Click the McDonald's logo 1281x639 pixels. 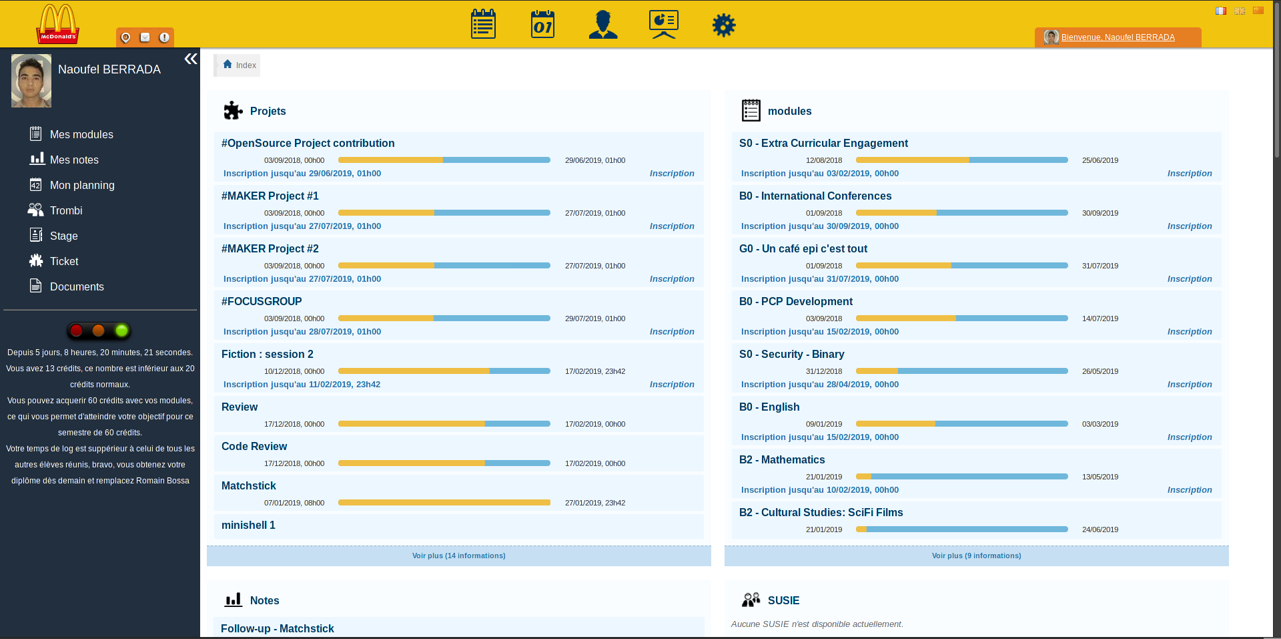pyautogui.click(x=58, y=25)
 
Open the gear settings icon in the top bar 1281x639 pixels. pyautogui.click(x=723, y=25)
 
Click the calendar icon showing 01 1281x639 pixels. pyautogui.click(x=542, y=25)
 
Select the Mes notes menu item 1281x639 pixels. pyautogui.click(x=74, y=160)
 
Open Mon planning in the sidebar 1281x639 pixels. pyautogui.click(x=82, y=186)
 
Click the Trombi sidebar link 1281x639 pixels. pyautogui.click(x=66, y=211)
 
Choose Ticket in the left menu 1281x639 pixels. pyautogui.click(x=64, y=262)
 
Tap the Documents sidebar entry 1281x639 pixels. pyautogui.click(x=77, y=287)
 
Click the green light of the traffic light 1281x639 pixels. pyautogui.click(x=121, y=331)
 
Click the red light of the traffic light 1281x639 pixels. pyautogui.click(x=77, y=331)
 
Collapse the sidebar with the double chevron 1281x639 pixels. pyautogui.click(x=191, y=59)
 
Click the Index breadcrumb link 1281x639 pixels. pyautogui.click(x=246, y=65)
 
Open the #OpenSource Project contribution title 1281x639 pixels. pyautogui.click(x=308, y=144)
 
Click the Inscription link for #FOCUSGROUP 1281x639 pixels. pyautogui.click(x=672, y=332)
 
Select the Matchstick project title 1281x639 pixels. pyautogui.click(x=248, y=486)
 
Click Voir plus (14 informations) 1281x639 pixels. pyautogui.click(x=458, y=556)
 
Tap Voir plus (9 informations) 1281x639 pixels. pyautogui.click(x=976, y=556)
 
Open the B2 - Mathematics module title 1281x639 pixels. pyautogui.click(x=781, y=460)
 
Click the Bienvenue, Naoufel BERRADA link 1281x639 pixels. pyautogui.click(x=1118, y=37)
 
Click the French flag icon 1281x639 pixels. pyautogui.click(x=1220, y=11)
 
